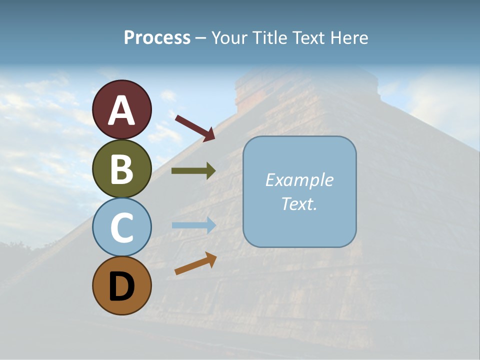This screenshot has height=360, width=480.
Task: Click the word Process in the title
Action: [157, 37]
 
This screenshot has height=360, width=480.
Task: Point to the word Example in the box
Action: [299, 180]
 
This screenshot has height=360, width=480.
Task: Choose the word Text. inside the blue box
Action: [299, 203]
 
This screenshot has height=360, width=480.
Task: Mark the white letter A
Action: [122, 110]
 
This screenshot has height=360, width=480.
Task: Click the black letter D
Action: [122, 287]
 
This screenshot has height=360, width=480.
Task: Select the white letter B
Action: [122, 169]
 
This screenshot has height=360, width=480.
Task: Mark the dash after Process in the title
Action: [200, 38]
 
